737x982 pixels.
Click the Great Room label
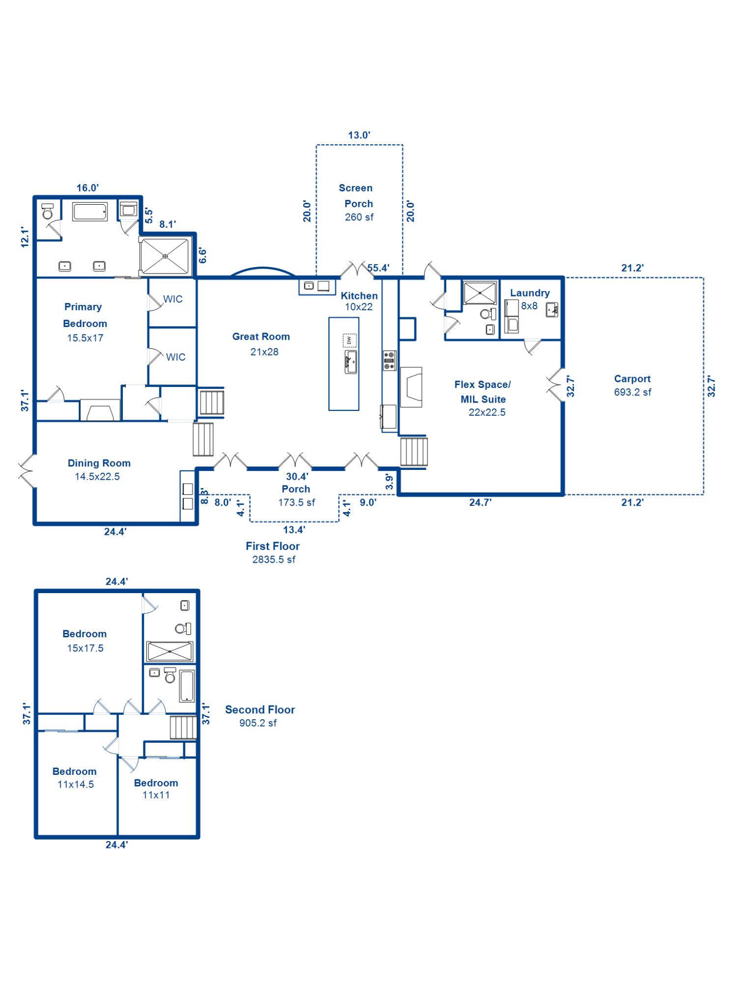pyautogui.click(x=261, y=344)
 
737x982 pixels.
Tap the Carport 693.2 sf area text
pyautogui.click(x=632, y=385)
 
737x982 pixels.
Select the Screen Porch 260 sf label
pyautogui.click(x=358, y=202)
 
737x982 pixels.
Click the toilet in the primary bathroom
pyautogui.click(x=48, y=212)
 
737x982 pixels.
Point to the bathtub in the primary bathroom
pyautogui.click(x=90, y=212)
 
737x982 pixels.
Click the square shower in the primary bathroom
pyautogui.click(x=165, y=256)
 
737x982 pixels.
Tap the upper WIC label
pyautogui.click(x=173, y=299)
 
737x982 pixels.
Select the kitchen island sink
pyautogui.click(x=350, y=362)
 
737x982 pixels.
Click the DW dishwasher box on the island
pyautogui.click(x=349, y=340)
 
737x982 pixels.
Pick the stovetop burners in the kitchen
pyautogui.click(x=389, y=360)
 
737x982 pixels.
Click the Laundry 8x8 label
pyautogui.click(x=530, y=299)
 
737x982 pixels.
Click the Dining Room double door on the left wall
pyautogui.click(x=28, y=470)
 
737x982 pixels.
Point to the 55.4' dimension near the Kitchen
pyautogui.click(x=378, y=268)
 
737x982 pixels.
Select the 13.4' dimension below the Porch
pyautogui.click(x=294, y=529)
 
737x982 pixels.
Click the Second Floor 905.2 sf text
pyautogui.click(x=259, y=716)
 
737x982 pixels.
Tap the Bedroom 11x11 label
pyautogui.click(x=156, y=789)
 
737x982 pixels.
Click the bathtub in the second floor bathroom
pyautogui.click(x=187, y=685)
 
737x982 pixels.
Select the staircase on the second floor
pyautogui.click(x=183, y=727)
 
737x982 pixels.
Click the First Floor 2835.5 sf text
pyautogui.click(x=273, y=552)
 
